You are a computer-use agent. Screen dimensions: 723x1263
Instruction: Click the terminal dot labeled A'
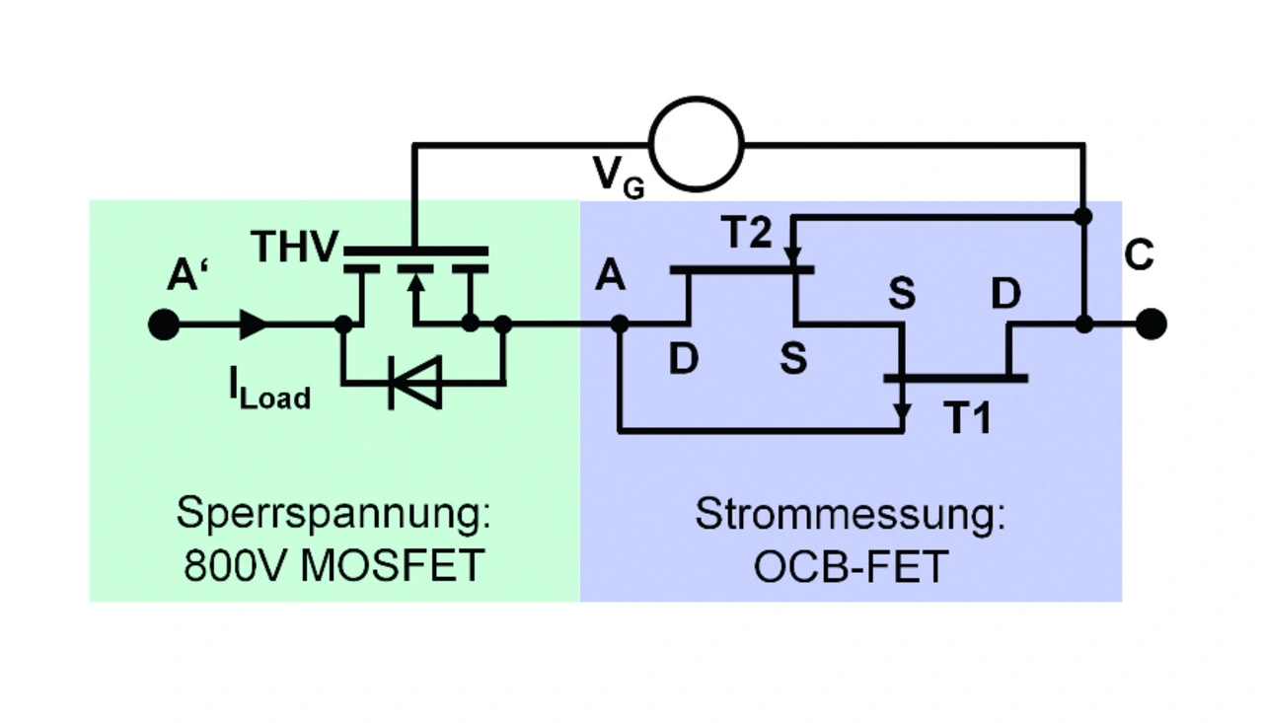(x=164, y=325)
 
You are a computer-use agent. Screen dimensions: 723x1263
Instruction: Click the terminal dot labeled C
(x=1151, y=324)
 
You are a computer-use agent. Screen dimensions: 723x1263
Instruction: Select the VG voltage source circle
(x=697, y=144)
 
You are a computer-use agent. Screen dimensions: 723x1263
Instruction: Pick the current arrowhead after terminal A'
(x=254, y=325)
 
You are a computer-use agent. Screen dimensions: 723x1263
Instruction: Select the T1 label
(x=969, y=418)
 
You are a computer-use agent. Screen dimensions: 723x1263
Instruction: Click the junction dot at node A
(x=619, y=324)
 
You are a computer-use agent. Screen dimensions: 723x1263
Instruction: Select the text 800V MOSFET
(x=334, y=567)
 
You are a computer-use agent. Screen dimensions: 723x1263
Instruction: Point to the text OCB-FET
(x=851, y=567)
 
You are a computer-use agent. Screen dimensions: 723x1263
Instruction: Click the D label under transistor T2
(x=683, y=360)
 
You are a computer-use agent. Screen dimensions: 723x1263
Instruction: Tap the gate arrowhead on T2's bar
(x=792, y=257)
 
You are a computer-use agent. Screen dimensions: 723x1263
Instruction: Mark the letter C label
(x=1138, y=256)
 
